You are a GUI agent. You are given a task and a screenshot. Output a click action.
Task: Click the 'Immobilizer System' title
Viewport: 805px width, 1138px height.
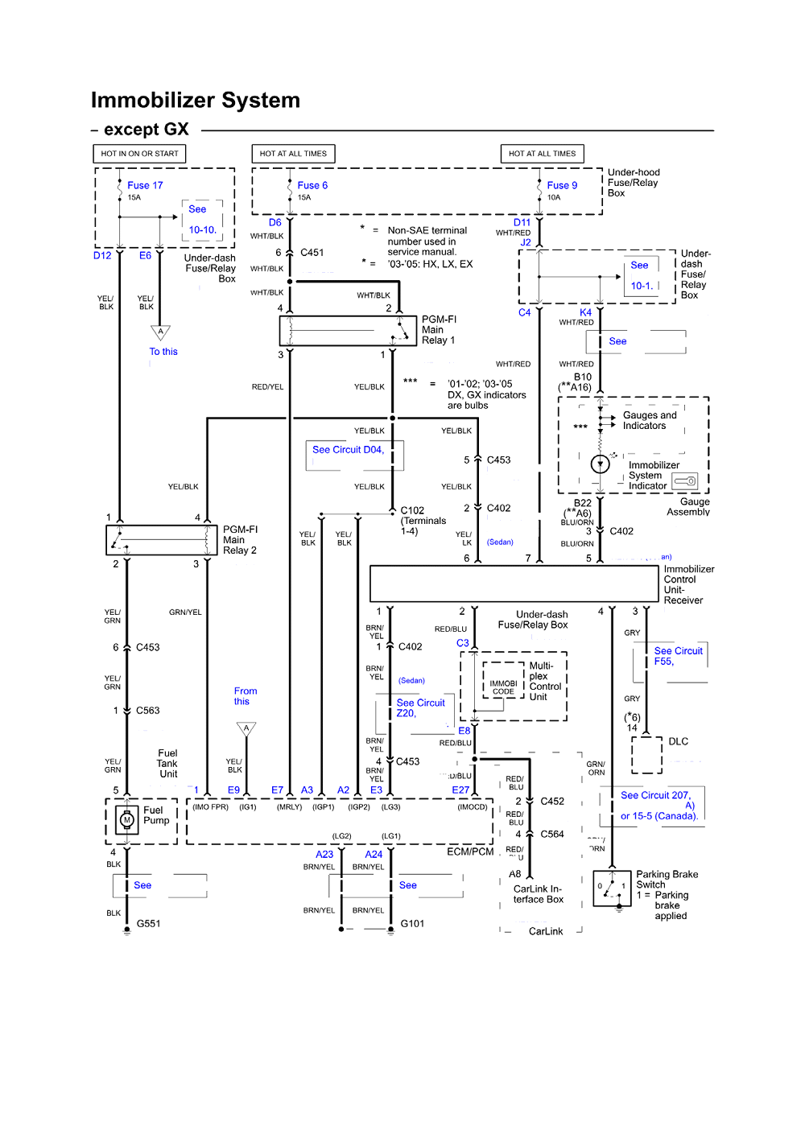195,101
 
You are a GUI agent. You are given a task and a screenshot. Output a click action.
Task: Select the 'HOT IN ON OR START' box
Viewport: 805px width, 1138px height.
139,154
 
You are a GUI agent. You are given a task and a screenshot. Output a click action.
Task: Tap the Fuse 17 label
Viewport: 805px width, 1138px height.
145,185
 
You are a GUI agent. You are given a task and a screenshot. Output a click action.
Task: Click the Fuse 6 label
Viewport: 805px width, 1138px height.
312,185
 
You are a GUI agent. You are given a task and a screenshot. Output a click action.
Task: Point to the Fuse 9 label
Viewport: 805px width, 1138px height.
562,185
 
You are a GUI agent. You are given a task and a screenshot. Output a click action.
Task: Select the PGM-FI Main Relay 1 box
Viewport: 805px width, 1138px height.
347,330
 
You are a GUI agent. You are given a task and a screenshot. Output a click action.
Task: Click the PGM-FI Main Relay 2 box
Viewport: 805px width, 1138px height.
162,540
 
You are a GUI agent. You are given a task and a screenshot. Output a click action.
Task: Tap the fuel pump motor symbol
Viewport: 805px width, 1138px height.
126,820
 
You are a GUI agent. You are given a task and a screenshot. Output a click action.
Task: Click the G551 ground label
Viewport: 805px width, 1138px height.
148,923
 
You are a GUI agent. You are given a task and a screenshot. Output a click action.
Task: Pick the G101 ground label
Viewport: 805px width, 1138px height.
412,923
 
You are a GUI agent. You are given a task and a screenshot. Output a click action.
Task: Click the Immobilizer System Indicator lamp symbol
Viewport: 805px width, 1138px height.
600,464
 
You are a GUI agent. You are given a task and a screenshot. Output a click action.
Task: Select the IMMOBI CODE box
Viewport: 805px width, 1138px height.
503,687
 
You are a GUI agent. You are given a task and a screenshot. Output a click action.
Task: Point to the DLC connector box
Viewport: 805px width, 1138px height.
646,755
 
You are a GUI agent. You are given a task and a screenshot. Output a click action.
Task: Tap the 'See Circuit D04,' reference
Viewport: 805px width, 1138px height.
348,450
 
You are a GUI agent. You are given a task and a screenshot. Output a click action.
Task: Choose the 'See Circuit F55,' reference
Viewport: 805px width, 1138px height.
678,656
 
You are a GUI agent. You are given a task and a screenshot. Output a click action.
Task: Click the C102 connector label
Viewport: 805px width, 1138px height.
412,510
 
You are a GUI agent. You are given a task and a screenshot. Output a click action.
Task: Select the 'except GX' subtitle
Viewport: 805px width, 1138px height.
146,130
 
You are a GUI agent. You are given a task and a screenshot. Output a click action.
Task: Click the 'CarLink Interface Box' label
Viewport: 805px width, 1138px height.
539,894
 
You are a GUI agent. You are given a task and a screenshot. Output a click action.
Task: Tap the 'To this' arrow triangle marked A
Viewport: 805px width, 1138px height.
160,332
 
